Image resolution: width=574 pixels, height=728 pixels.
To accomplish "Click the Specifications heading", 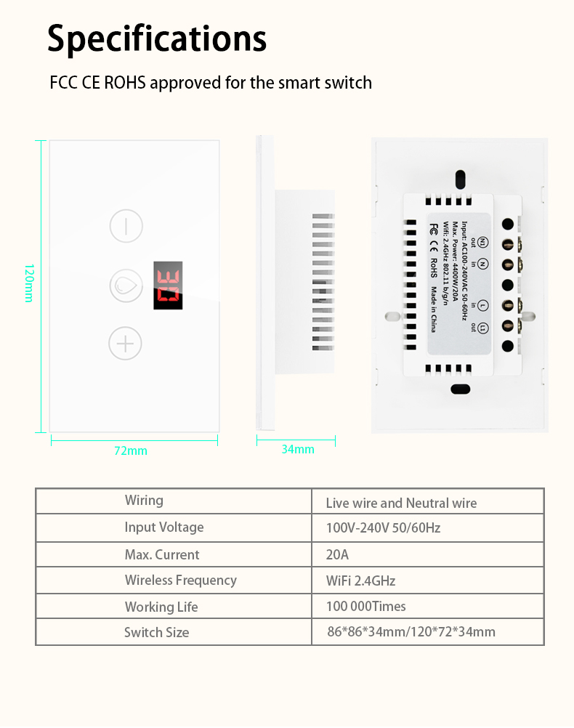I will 157,39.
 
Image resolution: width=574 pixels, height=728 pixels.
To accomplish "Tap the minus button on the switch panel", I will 126,226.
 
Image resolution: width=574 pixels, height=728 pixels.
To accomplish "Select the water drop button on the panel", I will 126,286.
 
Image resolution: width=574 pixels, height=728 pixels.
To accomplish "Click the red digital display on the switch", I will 168,286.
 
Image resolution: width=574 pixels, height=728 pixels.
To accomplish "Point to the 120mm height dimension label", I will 28,283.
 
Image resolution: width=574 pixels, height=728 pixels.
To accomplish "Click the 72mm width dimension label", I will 131,450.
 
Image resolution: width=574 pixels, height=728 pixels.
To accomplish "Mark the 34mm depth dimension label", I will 298,449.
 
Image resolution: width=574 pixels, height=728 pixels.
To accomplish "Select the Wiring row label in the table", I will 144,500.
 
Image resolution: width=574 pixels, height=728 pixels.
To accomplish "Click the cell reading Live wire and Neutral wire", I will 401,503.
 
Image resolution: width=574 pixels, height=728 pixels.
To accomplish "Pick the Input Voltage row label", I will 164,527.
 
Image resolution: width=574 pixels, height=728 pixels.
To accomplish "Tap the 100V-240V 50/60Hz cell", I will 383,527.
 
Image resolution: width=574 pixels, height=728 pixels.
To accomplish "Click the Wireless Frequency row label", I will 180,580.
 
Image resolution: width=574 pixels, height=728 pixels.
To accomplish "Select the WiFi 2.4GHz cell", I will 360,581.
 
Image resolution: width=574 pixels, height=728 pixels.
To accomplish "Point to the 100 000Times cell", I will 365,606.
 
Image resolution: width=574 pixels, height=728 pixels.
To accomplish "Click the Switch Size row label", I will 156,632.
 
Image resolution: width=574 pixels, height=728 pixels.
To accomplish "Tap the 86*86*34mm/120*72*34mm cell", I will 411,631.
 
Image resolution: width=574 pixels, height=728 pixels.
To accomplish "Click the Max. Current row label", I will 161,554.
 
